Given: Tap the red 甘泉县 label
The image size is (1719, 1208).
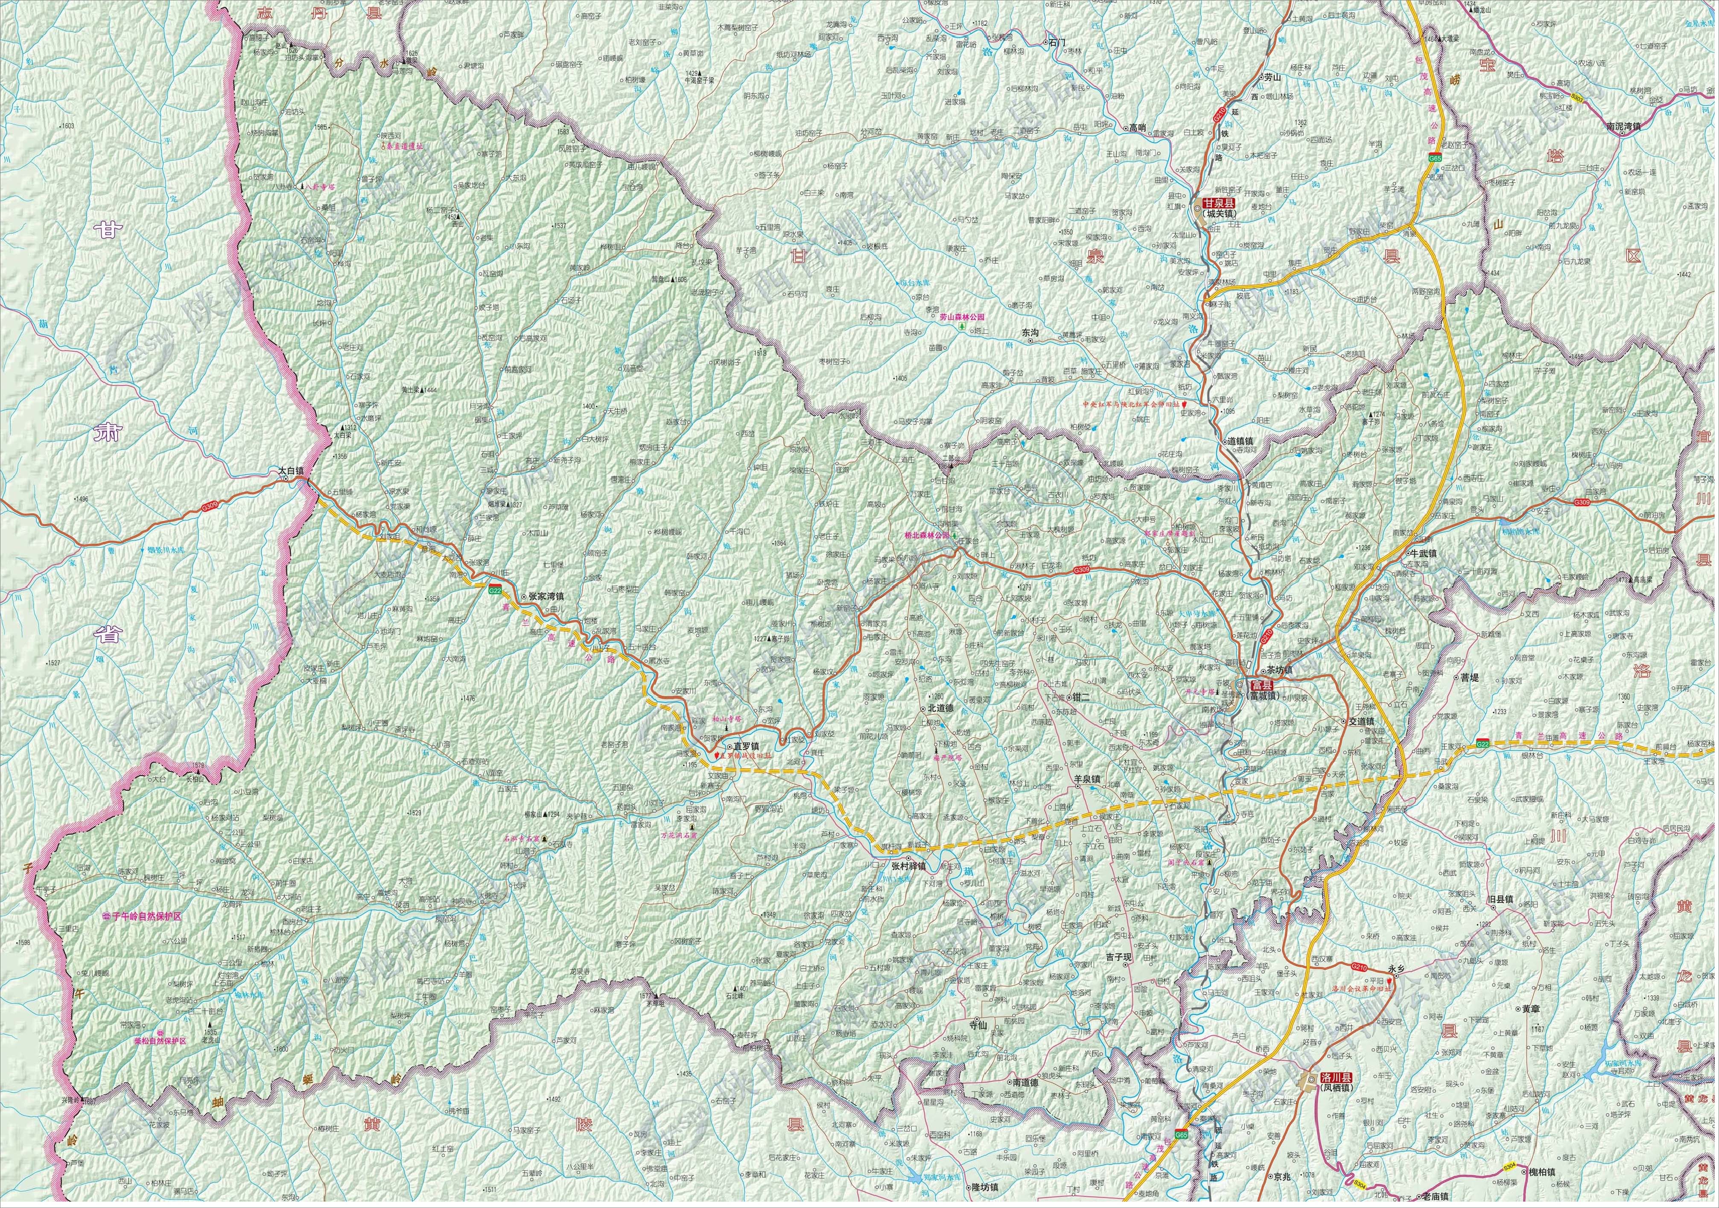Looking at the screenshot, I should tap(1217, 203).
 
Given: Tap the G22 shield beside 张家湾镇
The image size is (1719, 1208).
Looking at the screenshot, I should tap(494, 591).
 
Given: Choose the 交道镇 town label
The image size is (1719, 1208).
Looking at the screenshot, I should tap(1361, 721).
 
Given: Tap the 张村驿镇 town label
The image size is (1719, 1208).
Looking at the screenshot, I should tap(908, 866).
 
